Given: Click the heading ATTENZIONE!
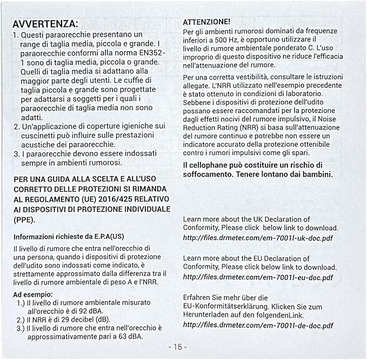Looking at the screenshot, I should click(x=207, y=22).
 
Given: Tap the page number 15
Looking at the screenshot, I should click(x=177, y=346).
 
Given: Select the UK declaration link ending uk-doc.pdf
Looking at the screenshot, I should click(x=258, y=237).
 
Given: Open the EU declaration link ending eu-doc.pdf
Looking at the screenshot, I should click(x=258, y=277).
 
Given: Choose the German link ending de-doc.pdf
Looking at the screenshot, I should click(x=258, y=325).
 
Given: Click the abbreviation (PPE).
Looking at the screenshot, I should click(x=24, y=219).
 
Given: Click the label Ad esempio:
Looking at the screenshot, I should click(x=34, y=294).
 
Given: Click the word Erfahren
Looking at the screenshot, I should click(x=198, y=297).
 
